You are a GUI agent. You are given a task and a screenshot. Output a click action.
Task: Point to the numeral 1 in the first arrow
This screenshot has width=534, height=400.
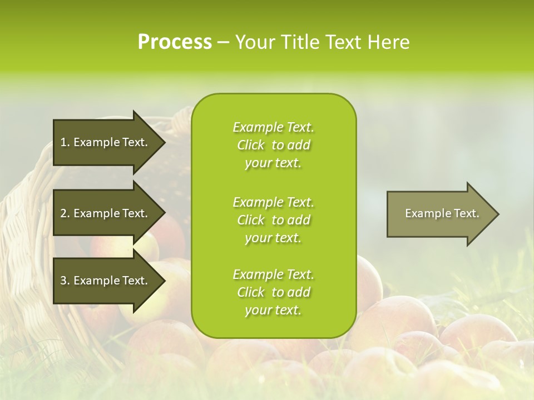pyautogui.click(x=63, y=142)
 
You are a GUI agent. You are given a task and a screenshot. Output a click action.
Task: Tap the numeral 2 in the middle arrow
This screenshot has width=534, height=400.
pyautogui.click(x=64, y=213)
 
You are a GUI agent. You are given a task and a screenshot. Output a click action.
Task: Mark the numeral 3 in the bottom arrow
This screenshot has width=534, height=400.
pyautogui.click(x=64, y=281)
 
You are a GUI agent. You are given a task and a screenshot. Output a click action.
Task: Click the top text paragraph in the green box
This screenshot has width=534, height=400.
pyautogui.click(x=273, y=145)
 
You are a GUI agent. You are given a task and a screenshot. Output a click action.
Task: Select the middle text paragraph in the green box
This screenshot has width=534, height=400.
pyautogui.click(x=273, y=220)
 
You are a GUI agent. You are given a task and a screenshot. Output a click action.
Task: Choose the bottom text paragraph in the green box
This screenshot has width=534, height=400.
pyautogui.click(x=273, y=292)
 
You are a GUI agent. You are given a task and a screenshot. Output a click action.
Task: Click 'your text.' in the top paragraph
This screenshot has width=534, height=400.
pyautogui.click(x=273, y=163)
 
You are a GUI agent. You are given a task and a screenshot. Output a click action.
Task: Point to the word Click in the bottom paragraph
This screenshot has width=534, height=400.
pyautogui.click(x=251, y=292)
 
